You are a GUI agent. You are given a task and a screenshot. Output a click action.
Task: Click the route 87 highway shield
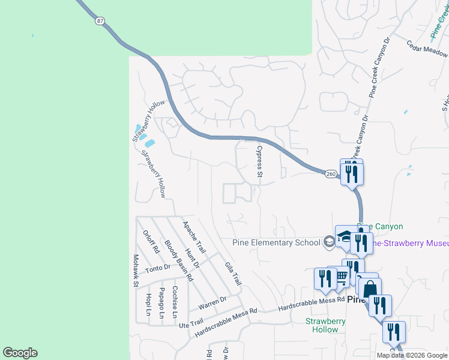point(100,20)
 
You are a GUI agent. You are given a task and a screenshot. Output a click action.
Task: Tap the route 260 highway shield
point(331,174)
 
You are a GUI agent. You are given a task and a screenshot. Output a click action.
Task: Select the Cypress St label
point(260,161)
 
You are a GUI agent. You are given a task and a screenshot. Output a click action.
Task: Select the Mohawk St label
point(136,270)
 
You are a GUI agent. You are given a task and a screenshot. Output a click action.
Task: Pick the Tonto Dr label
point(158,268)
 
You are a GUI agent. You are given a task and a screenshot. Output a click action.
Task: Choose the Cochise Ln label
point(175,302)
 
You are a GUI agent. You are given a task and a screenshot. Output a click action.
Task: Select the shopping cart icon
point(341,276)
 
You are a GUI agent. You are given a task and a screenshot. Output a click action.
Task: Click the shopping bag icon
point(371,289)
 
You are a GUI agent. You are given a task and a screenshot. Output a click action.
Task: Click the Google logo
point(20,353)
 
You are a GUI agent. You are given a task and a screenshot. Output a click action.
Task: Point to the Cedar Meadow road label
point(428,52)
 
